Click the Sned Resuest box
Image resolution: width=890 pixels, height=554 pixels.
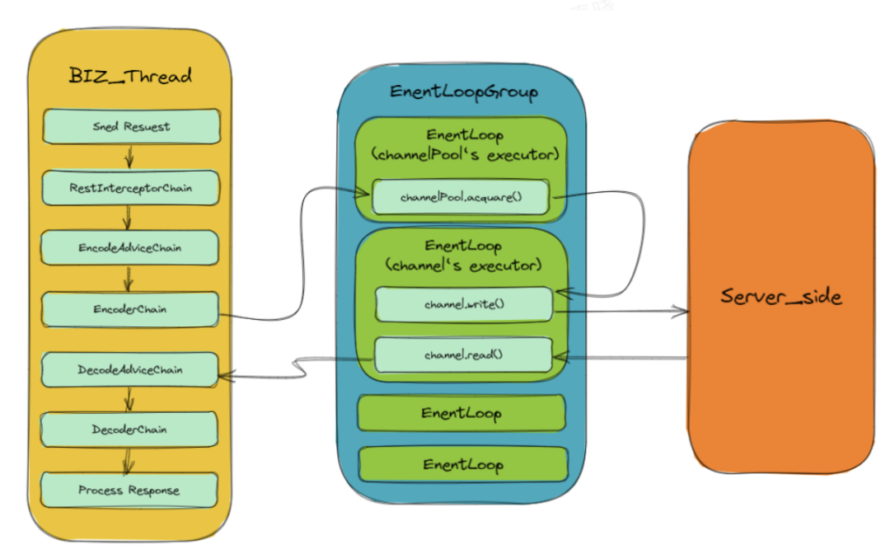coord(132,127)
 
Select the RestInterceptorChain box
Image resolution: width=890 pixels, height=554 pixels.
coord(132,188)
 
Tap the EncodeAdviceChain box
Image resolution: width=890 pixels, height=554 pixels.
coord(130,246)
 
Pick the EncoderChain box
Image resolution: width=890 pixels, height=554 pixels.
coord(130,309)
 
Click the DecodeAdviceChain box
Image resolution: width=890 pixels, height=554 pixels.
coord(130,370)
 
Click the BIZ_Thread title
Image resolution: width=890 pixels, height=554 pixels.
coord(130,77)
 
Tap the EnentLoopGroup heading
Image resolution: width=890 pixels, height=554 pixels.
coord(463,92)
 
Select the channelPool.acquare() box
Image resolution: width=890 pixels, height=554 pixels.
coord(461,198)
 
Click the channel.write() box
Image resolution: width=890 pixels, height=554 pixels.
coord(464,304)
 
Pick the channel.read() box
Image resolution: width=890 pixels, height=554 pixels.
coord(463,354)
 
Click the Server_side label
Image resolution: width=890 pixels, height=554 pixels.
coord(781,297)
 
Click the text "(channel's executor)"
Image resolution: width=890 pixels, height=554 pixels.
coord(463,265)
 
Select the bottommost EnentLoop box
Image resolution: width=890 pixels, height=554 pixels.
coord(462,464)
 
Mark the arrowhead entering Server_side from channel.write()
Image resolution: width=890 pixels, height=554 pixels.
coord(681,312)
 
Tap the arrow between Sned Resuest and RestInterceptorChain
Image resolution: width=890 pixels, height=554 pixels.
coord(129,157)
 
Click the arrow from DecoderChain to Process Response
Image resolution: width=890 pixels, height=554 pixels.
coord(127,460)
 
